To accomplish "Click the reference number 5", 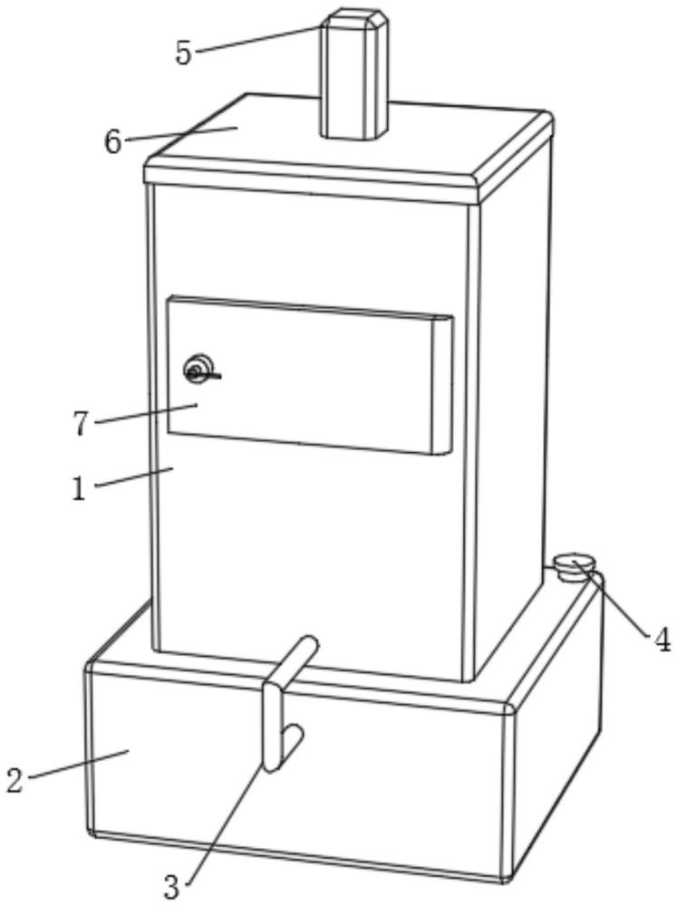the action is [x=183, y=53].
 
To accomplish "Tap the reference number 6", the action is [x=112, y=141].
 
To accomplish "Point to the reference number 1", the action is [x=79, y=488].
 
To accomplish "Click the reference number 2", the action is [x=15, y=780].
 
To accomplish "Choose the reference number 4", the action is [x=662, y=640].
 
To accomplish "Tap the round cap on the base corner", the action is [x=575, y=564].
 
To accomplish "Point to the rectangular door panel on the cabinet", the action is [x=310, y=375].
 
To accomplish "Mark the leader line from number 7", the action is [x=146, y=414].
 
